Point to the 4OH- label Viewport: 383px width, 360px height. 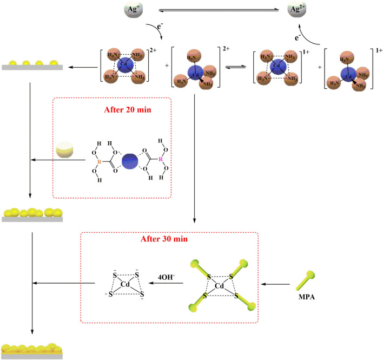click(x=162, y=278)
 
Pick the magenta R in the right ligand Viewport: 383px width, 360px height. click(x=160, y=160)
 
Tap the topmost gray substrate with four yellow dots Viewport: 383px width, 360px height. click(x=33, y=65)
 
